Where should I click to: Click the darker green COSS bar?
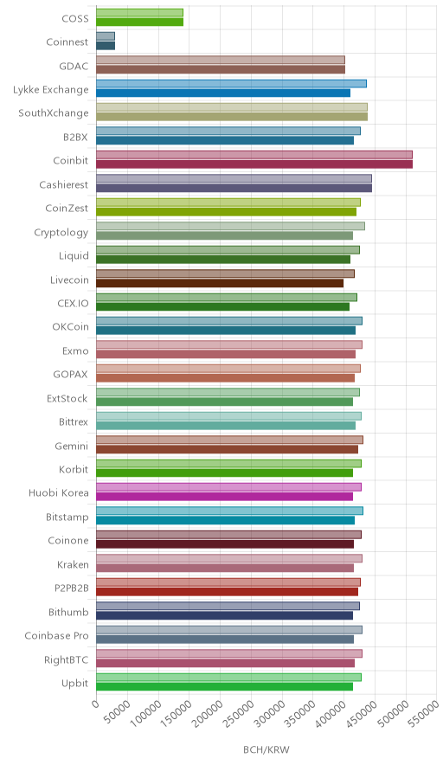pos(139,22)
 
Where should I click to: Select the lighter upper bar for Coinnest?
pos(106,36)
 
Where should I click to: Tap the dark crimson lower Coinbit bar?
pos(254,164)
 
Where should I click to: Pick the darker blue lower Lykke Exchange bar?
pos(223,93)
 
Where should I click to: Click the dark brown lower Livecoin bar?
pos(220,283)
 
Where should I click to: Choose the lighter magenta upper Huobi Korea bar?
pos(228,487)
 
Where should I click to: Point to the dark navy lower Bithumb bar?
pos(224,615)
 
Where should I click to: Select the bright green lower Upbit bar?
pos(224,686)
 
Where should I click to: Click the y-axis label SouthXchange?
pos(54,113)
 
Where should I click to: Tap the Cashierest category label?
pos(64,184)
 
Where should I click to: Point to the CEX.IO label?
pos(74,303)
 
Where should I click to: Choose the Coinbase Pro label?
pos(56,635)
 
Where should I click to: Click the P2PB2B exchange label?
pos(72,588)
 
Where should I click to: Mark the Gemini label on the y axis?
pos(72,446)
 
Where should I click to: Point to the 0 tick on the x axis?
pos(95,704)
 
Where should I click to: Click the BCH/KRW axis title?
pos(266,749)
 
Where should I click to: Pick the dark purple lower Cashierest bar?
pos(234,188)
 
